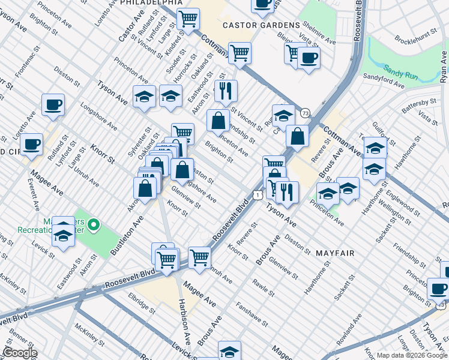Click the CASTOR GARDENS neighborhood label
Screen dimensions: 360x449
(261, 25)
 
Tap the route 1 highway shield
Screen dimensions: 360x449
(257, 194)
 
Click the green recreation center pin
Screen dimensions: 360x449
(93, 226)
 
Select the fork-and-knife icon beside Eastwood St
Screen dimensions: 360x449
(226, 91)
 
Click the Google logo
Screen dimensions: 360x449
(20, 353)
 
